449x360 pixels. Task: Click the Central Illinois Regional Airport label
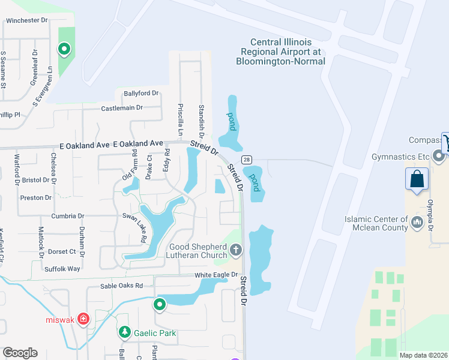280,51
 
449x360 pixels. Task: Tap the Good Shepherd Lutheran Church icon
236,250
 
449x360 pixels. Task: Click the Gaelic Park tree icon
124,332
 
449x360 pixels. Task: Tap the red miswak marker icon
83,319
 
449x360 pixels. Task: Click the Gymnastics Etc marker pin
439,157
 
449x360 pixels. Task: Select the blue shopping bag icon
417,179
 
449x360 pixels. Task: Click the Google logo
20,353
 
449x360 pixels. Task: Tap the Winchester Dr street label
26,20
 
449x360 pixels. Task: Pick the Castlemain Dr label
122,108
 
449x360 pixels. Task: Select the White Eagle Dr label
212,275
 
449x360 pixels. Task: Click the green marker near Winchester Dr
64,49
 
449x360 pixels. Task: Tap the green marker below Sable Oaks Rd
160,305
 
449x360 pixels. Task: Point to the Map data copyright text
423,355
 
